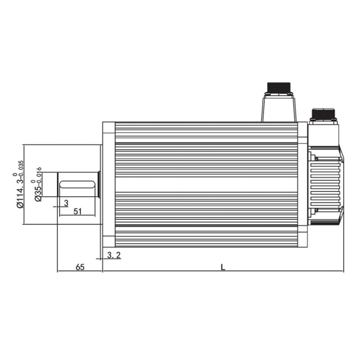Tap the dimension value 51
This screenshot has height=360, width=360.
click(78, 211)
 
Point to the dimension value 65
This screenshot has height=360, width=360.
click(80, 267)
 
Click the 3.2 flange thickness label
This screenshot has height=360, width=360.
click(114, 255)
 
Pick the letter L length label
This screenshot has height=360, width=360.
click(223, 267)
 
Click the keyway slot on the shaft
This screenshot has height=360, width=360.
click(77, 184)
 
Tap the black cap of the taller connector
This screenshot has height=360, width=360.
click(279, 88)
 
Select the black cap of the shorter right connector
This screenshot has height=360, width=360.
click(323, 113)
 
